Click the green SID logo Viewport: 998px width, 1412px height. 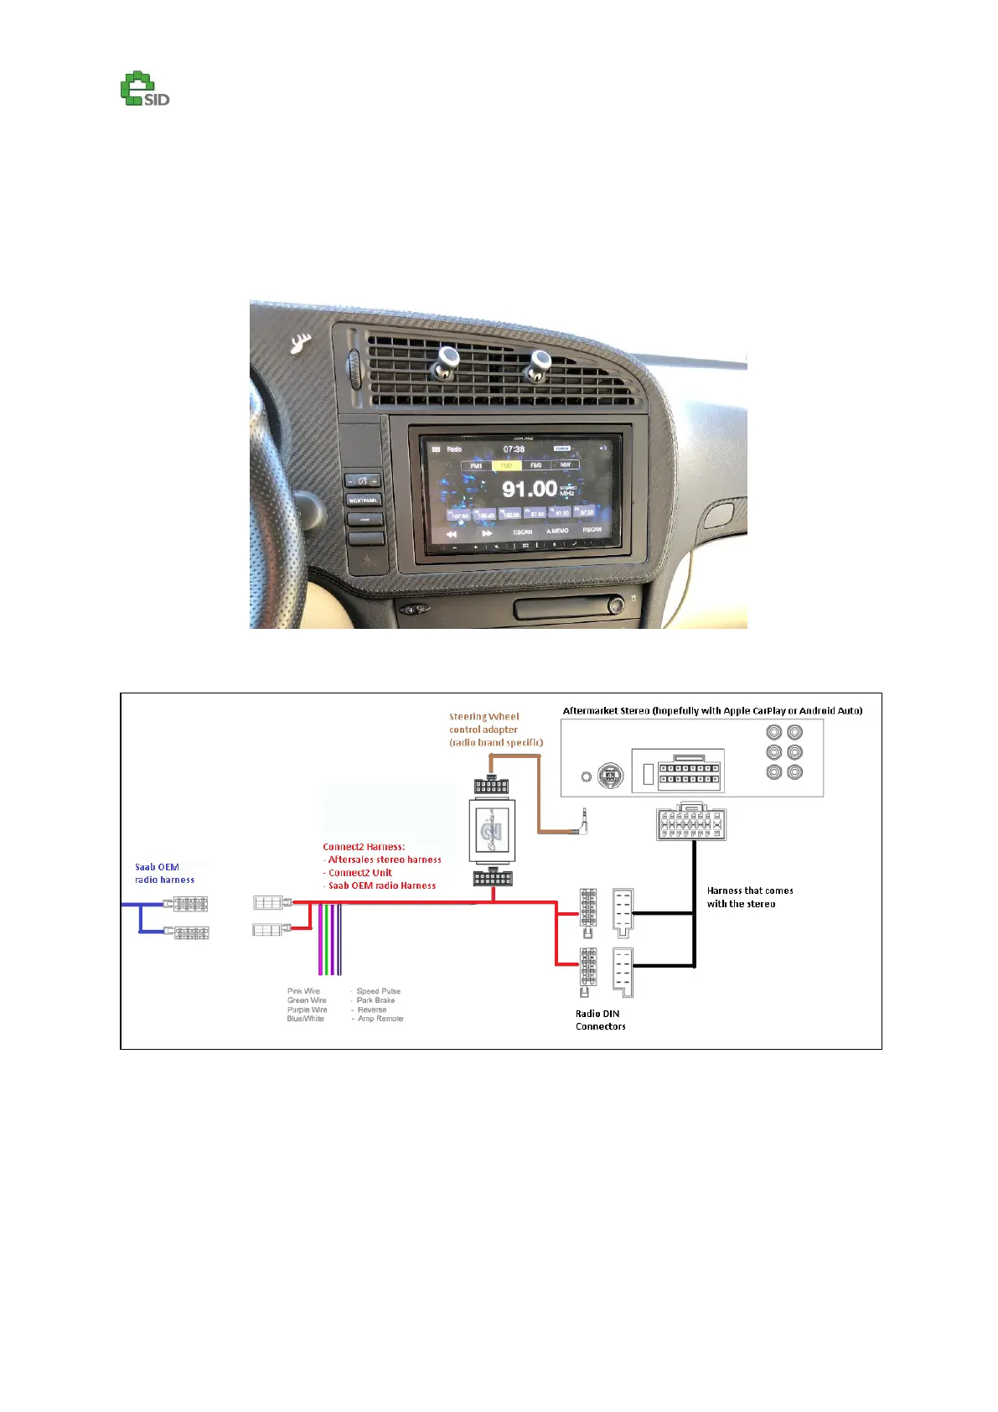(x=144, y=90)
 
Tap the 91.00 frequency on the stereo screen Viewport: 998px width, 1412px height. (x=529, y=488)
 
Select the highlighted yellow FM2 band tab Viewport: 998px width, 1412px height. (x=506, y=465)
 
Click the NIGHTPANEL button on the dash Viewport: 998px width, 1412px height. (x=364, y=500)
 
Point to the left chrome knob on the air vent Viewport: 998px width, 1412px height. (x=446, y=361)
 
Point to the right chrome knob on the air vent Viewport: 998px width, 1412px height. (x=536, y=364)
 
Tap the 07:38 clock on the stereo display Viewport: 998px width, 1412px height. (x=514, y=449)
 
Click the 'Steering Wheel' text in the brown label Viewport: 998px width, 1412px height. (x=483, y=717)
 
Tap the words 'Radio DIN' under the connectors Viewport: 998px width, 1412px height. (x=597, y=1014)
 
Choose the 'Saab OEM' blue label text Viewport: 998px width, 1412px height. (x=157, y=867)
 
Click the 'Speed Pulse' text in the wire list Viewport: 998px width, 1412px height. (x=379, y=991)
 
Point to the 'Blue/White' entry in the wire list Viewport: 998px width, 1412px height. (x=305, y=1019)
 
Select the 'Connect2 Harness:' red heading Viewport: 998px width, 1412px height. (x=364, y=847)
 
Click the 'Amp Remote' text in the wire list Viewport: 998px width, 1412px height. (x=380, y=1019)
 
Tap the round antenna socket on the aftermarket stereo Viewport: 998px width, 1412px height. (x=610, y=776)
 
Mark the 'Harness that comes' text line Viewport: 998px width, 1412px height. (x=750, y=890)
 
